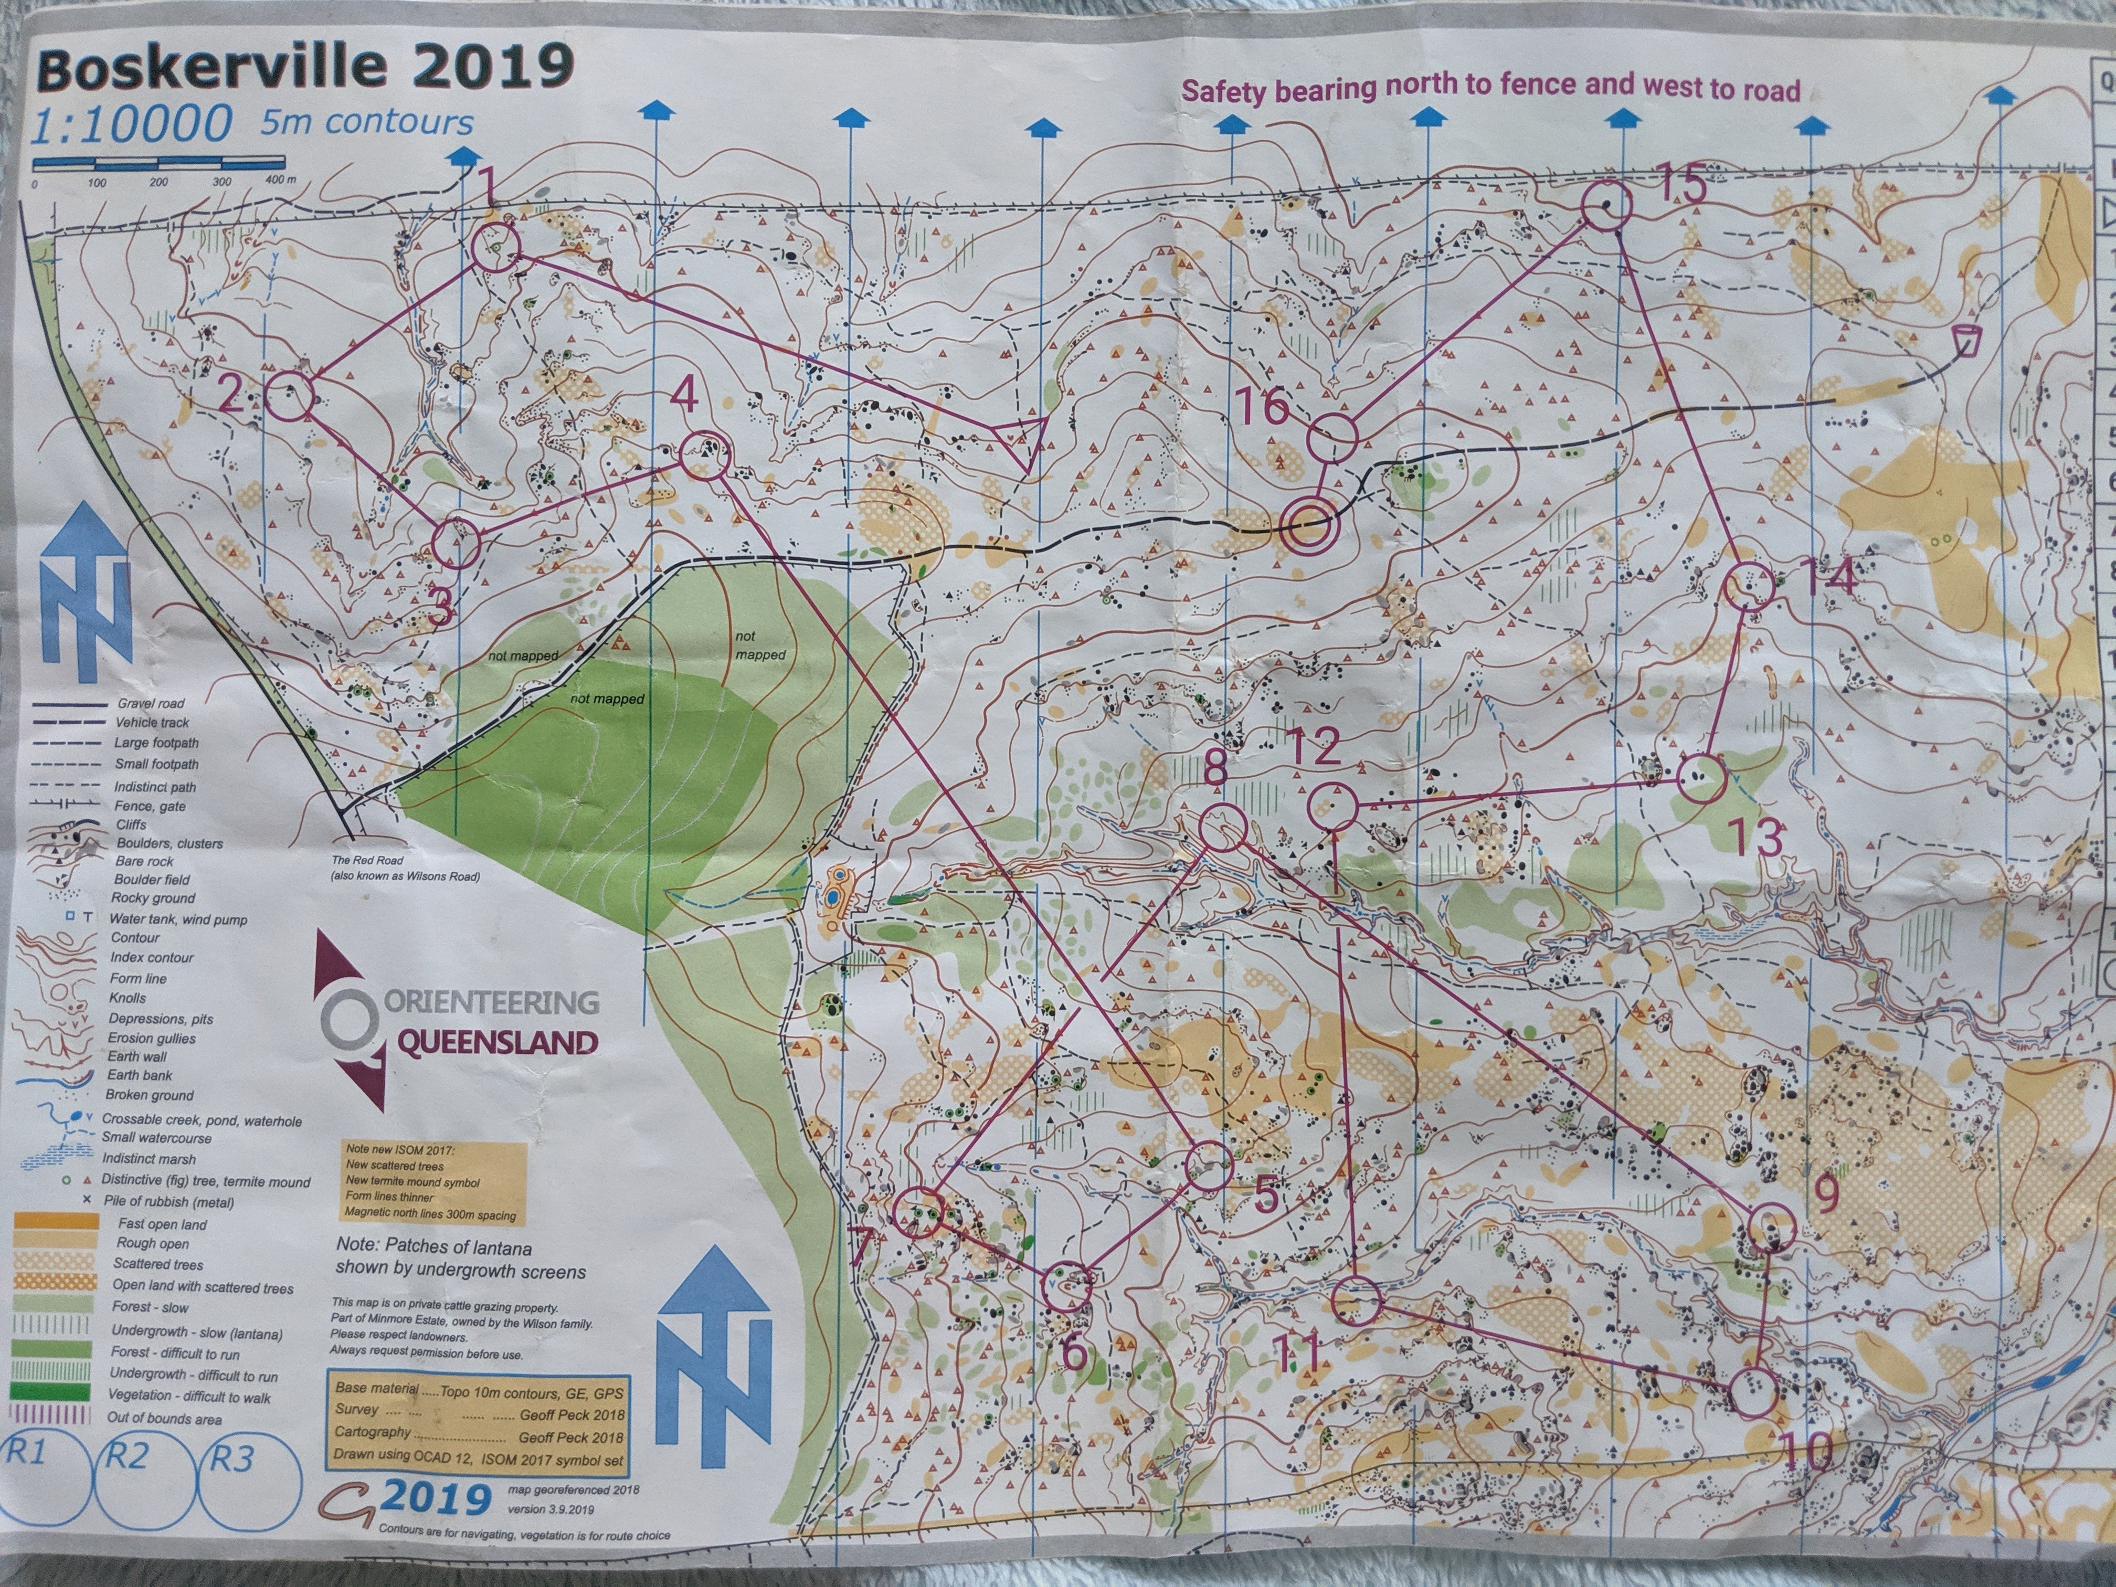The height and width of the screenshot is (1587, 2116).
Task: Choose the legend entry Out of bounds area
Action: coord(164,1417)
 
